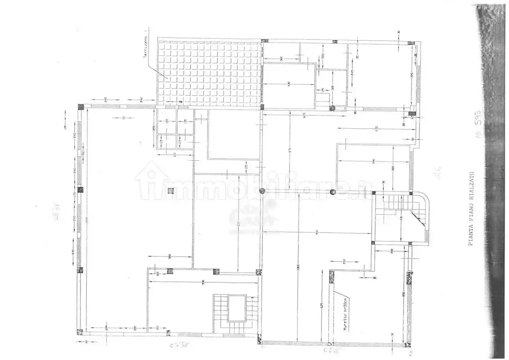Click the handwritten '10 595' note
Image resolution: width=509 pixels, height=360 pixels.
[479, 125]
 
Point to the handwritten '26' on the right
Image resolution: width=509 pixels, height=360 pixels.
[437, 175]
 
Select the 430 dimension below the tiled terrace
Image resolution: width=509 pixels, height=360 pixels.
[289, 83]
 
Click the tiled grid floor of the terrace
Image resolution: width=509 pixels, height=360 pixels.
[209, 72]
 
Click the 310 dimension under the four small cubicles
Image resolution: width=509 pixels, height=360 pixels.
[175, 154]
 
